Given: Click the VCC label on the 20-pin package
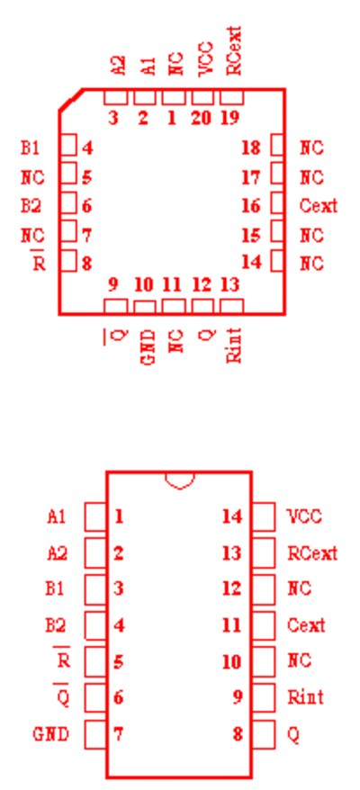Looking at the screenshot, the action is (206, 59).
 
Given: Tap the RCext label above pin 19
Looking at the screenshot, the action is (234, 51).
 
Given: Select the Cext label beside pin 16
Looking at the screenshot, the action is (319, 206).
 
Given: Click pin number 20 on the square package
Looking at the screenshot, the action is (202, 118).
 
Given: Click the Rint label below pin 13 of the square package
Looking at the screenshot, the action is (234, 346).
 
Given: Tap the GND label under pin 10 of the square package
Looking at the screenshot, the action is (147, 347).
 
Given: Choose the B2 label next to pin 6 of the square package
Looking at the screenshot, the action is (31, 206).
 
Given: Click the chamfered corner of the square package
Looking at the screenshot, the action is (71, 99).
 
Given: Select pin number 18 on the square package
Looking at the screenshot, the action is (251, 148).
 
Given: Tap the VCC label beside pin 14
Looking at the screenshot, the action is (304, 516).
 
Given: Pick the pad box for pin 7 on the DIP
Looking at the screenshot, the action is (95, 734).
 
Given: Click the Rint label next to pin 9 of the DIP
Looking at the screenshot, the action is (305, 698).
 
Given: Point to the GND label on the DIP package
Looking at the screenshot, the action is (51, 734).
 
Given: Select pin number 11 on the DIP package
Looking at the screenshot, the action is (232, 625).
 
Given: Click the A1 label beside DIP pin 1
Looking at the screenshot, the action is (57, 516).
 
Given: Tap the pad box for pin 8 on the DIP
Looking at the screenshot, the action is (264, 734).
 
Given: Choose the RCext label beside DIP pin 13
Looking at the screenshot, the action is (312, 553).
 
